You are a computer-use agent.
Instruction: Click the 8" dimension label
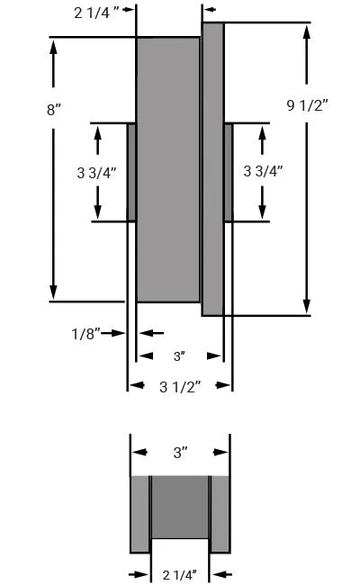point(55,110)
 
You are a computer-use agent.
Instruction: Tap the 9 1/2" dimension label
point(307,105)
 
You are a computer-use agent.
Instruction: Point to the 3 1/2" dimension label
point(180,386)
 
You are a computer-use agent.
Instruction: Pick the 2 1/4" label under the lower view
point(180,573)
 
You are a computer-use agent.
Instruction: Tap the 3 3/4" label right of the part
point(263,172)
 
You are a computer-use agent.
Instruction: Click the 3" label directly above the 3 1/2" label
point(179,356)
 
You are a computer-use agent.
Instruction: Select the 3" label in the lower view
point(180,453)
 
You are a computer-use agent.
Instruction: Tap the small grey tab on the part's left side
point(131,172)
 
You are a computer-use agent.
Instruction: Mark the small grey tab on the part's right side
point(229,172)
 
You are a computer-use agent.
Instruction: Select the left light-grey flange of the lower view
point(139,513)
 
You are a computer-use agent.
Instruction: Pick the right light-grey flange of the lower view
point(220,513)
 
